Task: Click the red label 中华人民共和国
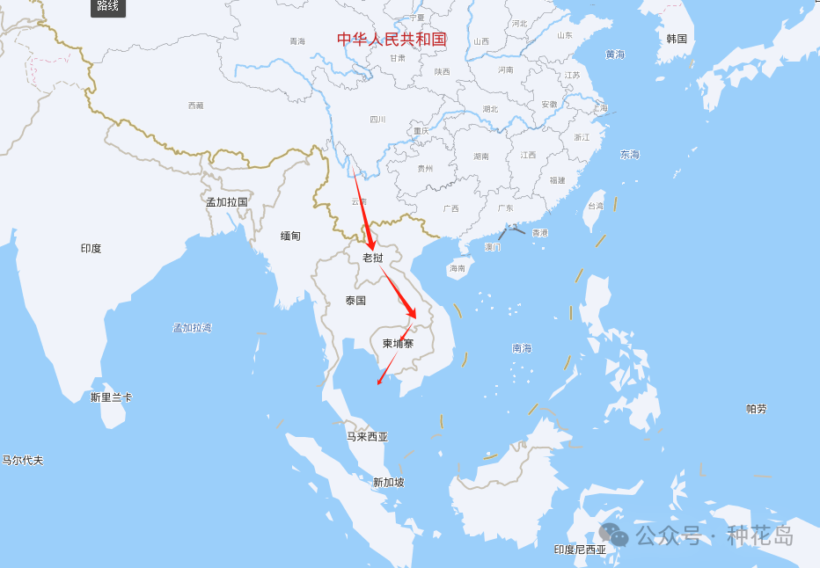tap(392, 39)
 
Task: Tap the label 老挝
tap(373, 258)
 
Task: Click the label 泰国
tap(355, 301)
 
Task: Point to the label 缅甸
tap(290, 236)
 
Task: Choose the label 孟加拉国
tap(227, 201)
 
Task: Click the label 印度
tap(91, 249)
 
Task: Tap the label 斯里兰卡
tap(111, 397)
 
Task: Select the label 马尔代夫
tap(22, 460)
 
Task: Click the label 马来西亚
tap(367, 436)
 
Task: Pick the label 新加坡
tap(388, 482)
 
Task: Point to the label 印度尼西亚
tap(580, 550)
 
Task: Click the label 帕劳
tap(756, 409)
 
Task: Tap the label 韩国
tap(677, 39)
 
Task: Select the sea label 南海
tap(522, 348)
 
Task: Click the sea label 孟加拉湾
tap(192, 328)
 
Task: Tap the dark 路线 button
tap(108, 7)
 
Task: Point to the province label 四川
tap(377, 120)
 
